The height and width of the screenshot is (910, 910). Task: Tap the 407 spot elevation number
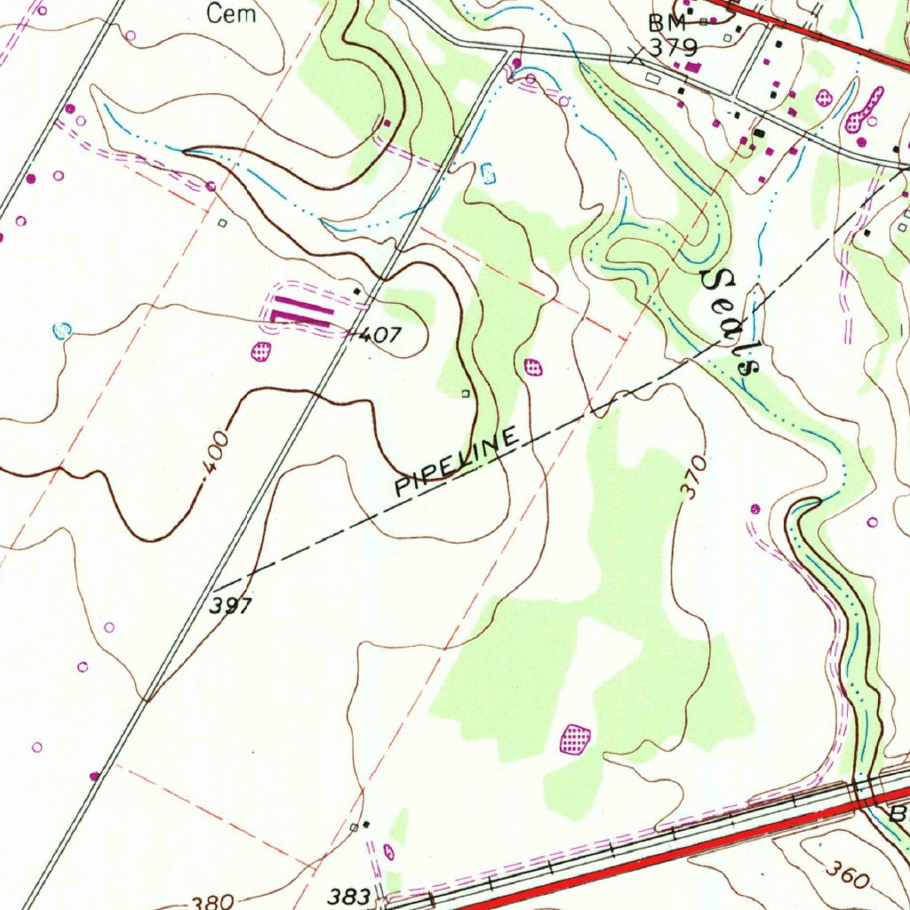[x=381, y=336]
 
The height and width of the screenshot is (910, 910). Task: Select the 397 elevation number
[x=232, y=606]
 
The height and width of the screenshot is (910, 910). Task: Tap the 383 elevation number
[x=348, y=897]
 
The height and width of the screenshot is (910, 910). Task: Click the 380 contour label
[x=212, y=902]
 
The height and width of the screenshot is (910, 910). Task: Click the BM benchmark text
[x=668, y=22]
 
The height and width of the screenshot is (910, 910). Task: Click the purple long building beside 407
[x=299, y=312]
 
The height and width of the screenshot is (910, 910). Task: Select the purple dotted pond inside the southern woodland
[x=576, y=738]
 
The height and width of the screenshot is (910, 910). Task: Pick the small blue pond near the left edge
[x=61, y=331]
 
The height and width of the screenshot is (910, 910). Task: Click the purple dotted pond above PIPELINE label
[x=533, y=366]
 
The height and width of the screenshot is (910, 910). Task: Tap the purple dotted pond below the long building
[x=260, y=351]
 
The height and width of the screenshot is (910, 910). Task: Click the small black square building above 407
[x=357, y=291]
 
